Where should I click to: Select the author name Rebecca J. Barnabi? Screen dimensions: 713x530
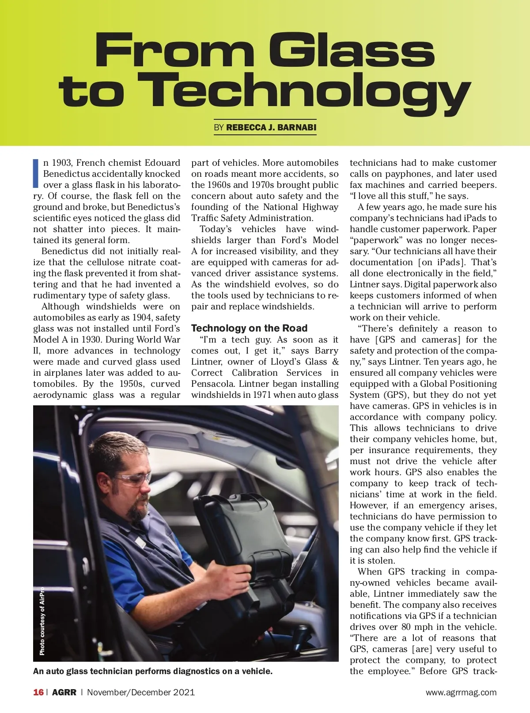271,128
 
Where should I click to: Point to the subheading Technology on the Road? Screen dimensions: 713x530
249,328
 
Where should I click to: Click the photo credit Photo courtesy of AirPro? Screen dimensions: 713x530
42,621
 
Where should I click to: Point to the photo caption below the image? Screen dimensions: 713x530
153,671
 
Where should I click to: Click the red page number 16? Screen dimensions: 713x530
38,692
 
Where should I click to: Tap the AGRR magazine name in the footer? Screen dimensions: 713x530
64,692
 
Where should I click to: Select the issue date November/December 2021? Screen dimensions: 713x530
140,692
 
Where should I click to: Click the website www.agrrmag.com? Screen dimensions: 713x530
461,693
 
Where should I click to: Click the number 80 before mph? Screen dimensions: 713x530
406,627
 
